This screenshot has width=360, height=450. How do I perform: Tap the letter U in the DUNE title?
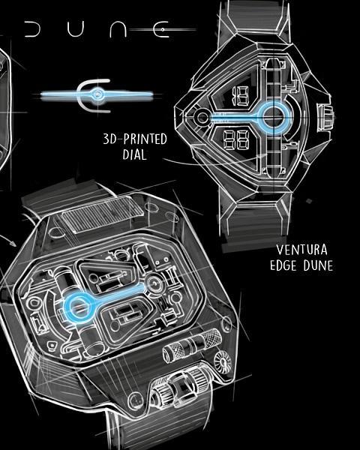click(x=75, y=29)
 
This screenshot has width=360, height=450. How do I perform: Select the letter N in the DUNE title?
click(x=118, y=29)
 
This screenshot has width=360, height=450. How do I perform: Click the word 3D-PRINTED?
click(x=135, y=139)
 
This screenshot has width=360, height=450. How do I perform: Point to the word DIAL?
click(x=134, y=154)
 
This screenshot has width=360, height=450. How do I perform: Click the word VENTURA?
click(x=301, y=250)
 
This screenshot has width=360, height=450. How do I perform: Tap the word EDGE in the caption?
click(x=283, y=265)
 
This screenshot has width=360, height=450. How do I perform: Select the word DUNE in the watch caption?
click(x=318, y=265)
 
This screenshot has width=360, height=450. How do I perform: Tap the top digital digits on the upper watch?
click(x=240, y=95)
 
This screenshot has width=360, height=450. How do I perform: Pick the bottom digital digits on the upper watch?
click(x=236, y=139)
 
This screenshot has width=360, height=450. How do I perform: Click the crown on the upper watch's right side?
click(x=325, y=117)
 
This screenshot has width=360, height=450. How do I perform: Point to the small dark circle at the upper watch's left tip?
click(x=202, y=117)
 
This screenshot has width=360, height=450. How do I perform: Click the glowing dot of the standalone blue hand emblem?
click(x=98, y=94)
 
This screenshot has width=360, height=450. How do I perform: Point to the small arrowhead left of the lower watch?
click(x=13, y=244)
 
